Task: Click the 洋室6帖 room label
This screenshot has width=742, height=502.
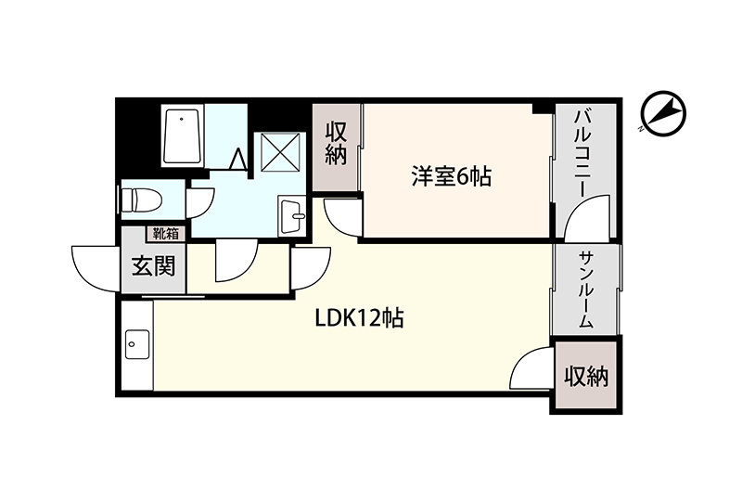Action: click(x=451, y=176)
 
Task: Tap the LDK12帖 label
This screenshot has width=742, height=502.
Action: click(x=359, y=318)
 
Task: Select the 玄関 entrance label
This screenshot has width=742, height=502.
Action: click(x=153, y=265)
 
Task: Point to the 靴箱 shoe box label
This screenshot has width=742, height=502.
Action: click(x=165, y=234)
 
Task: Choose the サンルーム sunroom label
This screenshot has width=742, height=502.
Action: click(x=586, y=290)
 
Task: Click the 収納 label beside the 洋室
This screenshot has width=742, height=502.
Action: click(x=336, y=144)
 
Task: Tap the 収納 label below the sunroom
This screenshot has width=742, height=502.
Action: click(x=586, y=377)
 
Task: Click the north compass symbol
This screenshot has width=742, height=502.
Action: click(x=663, y=113)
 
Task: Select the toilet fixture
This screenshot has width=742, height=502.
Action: click(x=142, y=200)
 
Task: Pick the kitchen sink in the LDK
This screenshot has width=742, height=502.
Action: click(x=137, y=344)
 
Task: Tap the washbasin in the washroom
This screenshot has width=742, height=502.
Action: click(x=291, y=215)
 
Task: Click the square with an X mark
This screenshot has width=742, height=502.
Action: click(x=281, y=152)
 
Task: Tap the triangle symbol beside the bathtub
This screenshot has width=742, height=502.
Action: click(x=237, y=159)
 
